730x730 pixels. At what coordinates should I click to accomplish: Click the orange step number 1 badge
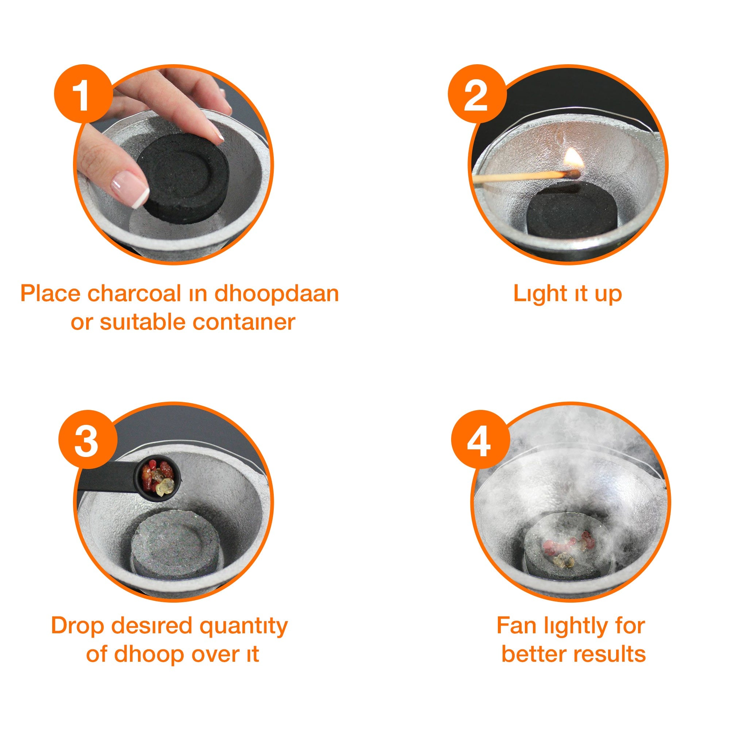pos(83,94)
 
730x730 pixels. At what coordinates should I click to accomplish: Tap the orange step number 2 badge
pos(477,94)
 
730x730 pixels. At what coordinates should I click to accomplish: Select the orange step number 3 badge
pos(88,439)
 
